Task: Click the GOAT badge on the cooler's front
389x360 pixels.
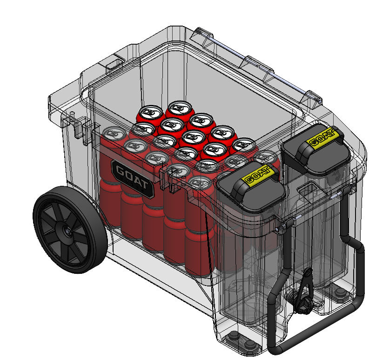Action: [x=133, y=179]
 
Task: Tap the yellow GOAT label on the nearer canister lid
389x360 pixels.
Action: [x=258, y=176]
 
